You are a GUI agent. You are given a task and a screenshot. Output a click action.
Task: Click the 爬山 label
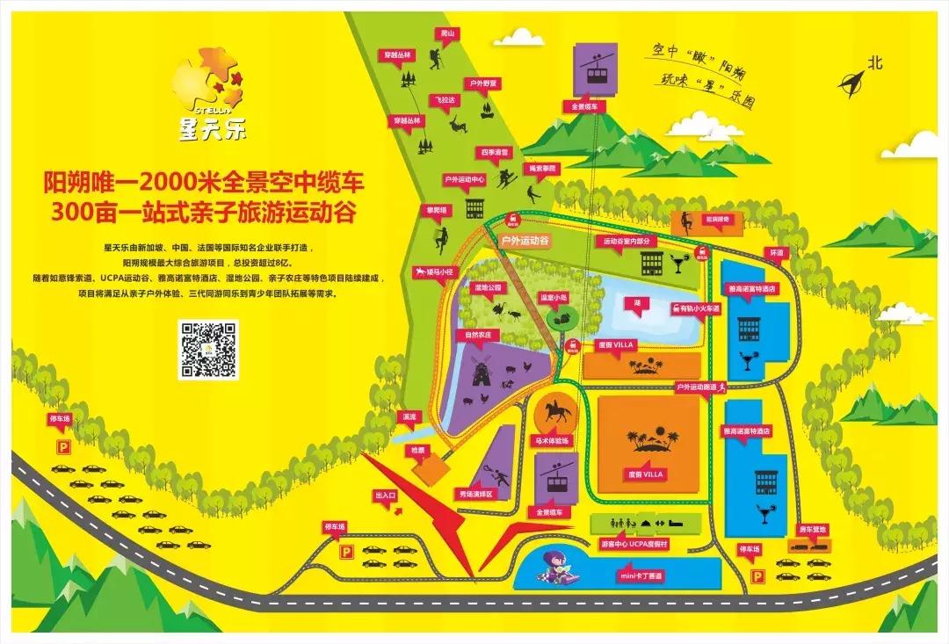tap(447, 33)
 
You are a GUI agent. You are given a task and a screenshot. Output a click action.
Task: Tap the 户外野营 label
tap(482, 83)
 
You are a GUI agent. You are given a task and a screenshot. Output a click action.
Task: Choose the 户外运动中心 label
tap(465, 179)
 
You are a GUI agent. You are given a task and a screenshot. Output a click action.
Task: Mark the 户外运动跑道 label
tap(697, 387)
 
